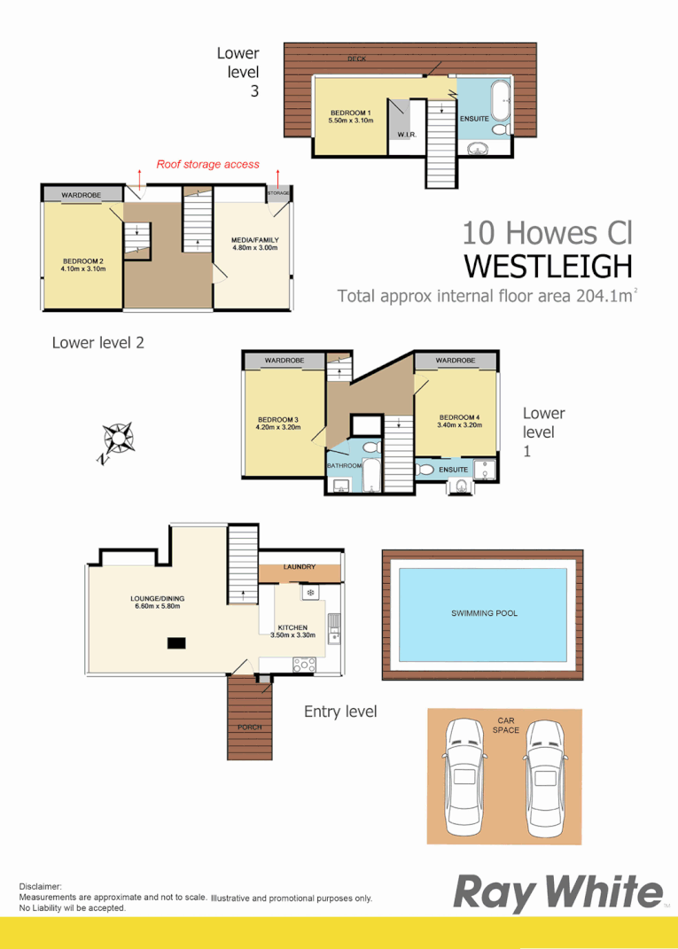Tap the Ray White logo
tap(557, 893)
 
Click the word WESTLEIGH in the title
tap(549, 266)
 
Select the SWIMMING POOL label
tap(484, 613)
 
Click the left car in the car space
tap(465, 774)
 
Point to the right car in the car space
tap(545, 774)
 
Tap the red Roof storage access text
tap(208, 164)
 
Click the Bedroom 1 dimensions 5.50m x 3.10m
tap(351, 121)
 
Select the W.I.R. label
tap(407, 135)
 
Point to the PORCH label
tap(249, 727)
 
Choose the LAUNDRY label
tap(300, 567)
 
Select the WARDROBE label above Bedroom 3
tap(284, 361)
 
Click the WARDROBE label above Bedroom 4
tap(456, 361)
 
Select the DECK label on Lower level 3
tap(357, 59)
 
